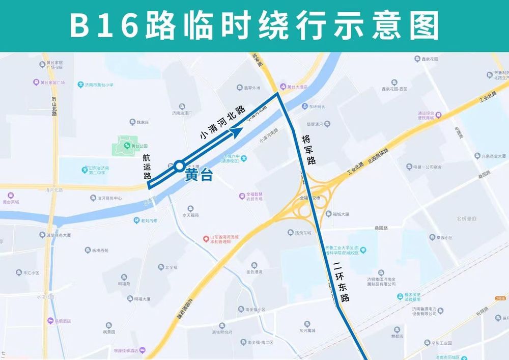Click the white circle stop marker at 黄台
(179, 165)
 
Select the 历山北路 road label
(54, 107)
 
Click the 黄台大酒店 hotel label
(297, 87)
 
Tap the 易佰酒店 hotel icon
(50, 321)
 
